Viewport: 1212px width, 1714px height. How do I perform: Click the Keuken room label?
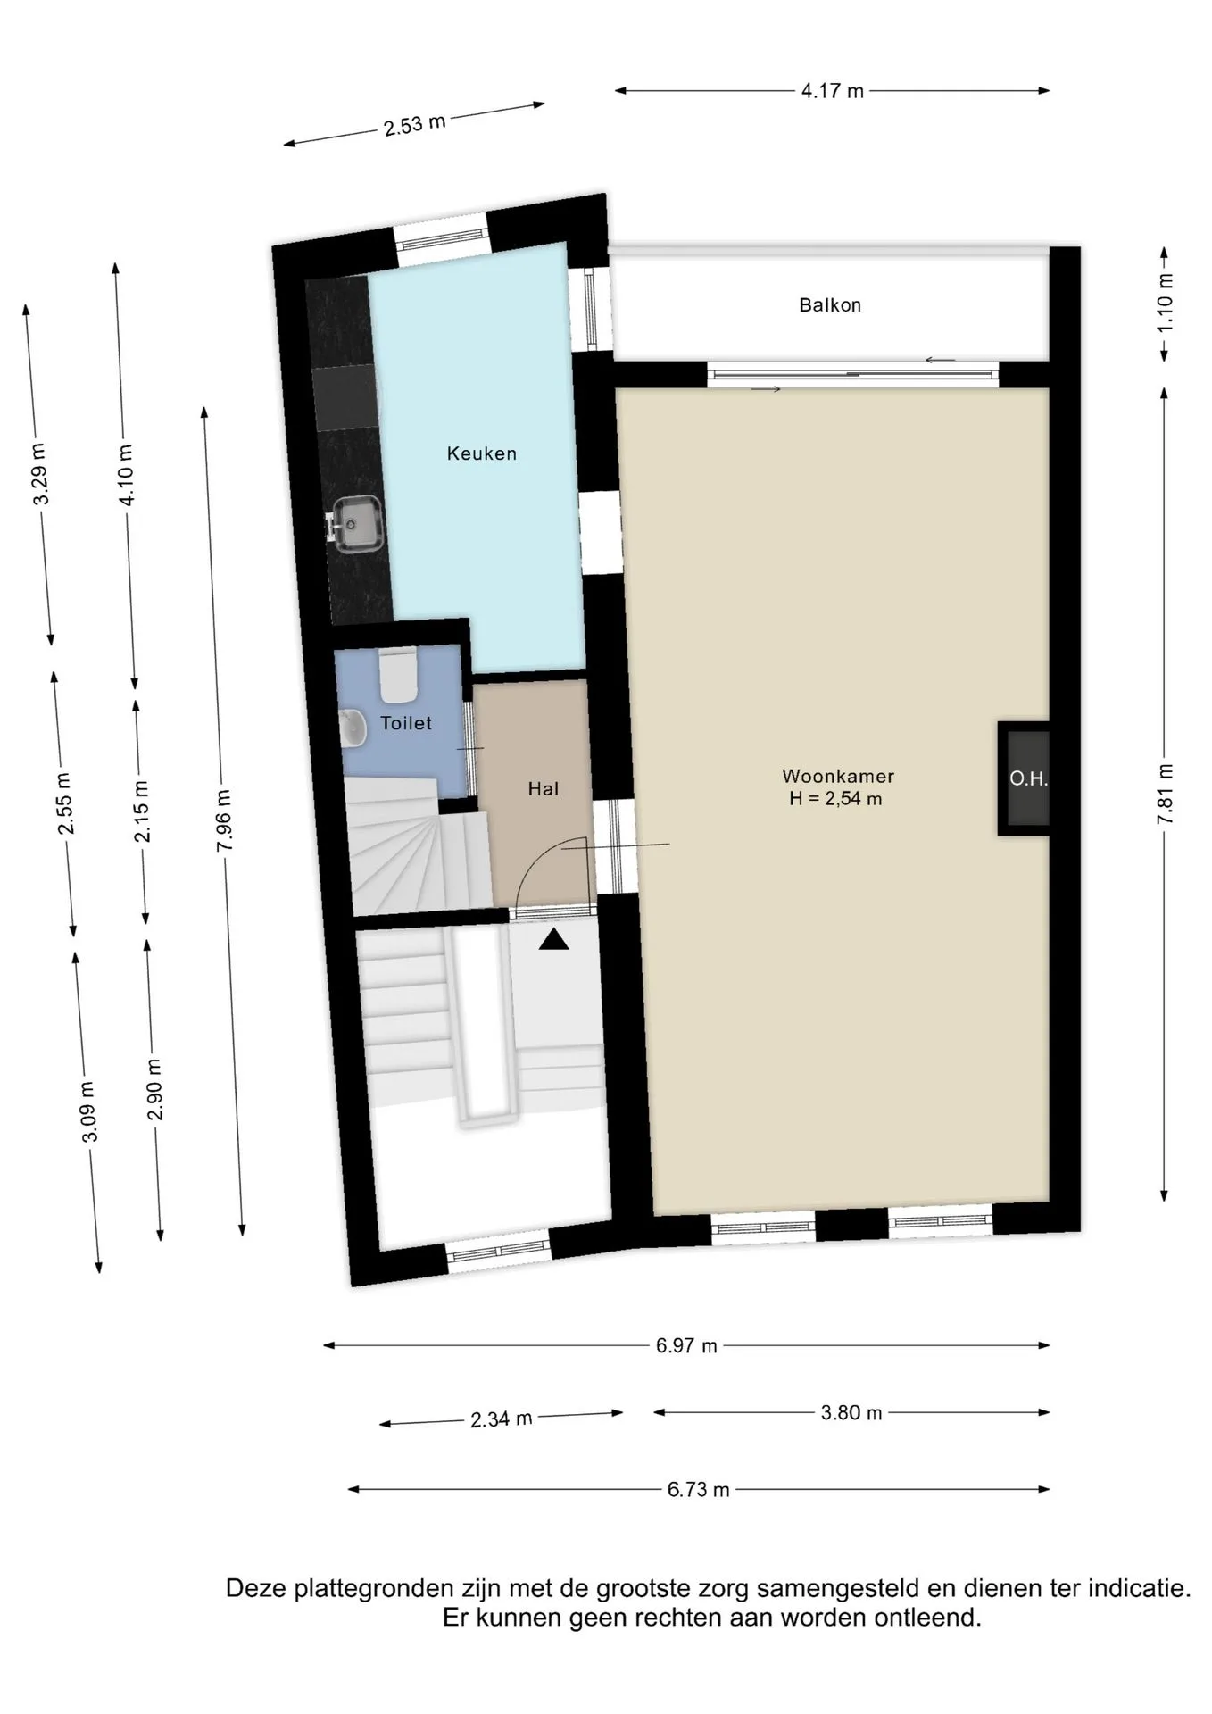pyautogui.click(x=482, y=453)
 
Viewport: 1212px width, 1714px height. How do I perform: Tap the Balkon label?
pyautogui.click(x=830, y=305)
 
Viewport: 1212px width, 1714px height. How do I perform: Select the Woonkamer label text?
pyautogui.click(x=838, y=777)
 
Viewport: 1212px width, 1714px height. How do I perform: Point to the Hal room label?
pyautogui.click(x=544, y=789)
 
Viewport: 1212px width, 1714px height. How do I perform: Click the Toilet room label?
pyautogui.click(x=406, y=723)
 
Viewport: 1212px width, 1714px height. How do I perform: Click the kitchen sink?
pyautogui.click(x=358, y=524)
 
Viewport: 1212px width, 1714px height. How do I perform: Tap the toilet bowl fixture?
pyautogui.click(x=398, y=676)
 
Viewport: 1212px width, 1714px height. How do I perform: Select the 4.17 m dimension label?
pyautogui.click(x=833, y=91)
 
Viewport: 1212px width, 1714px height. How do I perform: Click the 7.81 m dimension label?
pyautogui.click(x=1166, y=795)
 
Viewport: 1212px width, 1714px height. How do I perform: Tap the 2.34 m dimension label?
pyautogui.click(x=502, y=1419)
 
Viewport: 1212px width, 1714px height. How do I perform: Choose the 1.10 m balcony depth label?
pyautogui.click(x=1166, y=303)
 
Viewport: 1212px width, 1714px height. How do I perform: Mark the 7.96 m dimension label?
pyautogui.click(x=224, y=821)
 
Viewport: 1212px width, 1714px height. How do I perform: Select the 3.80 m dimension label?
pyautogui.click(x=851, y=1413)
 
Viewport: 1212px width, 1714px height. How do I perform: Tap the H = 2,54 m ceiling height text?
pyautogui.click(x=835, y=799)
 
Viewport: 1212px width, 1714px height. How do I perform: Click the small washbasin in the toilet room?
pyautogui.click(x=353, y=728)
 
